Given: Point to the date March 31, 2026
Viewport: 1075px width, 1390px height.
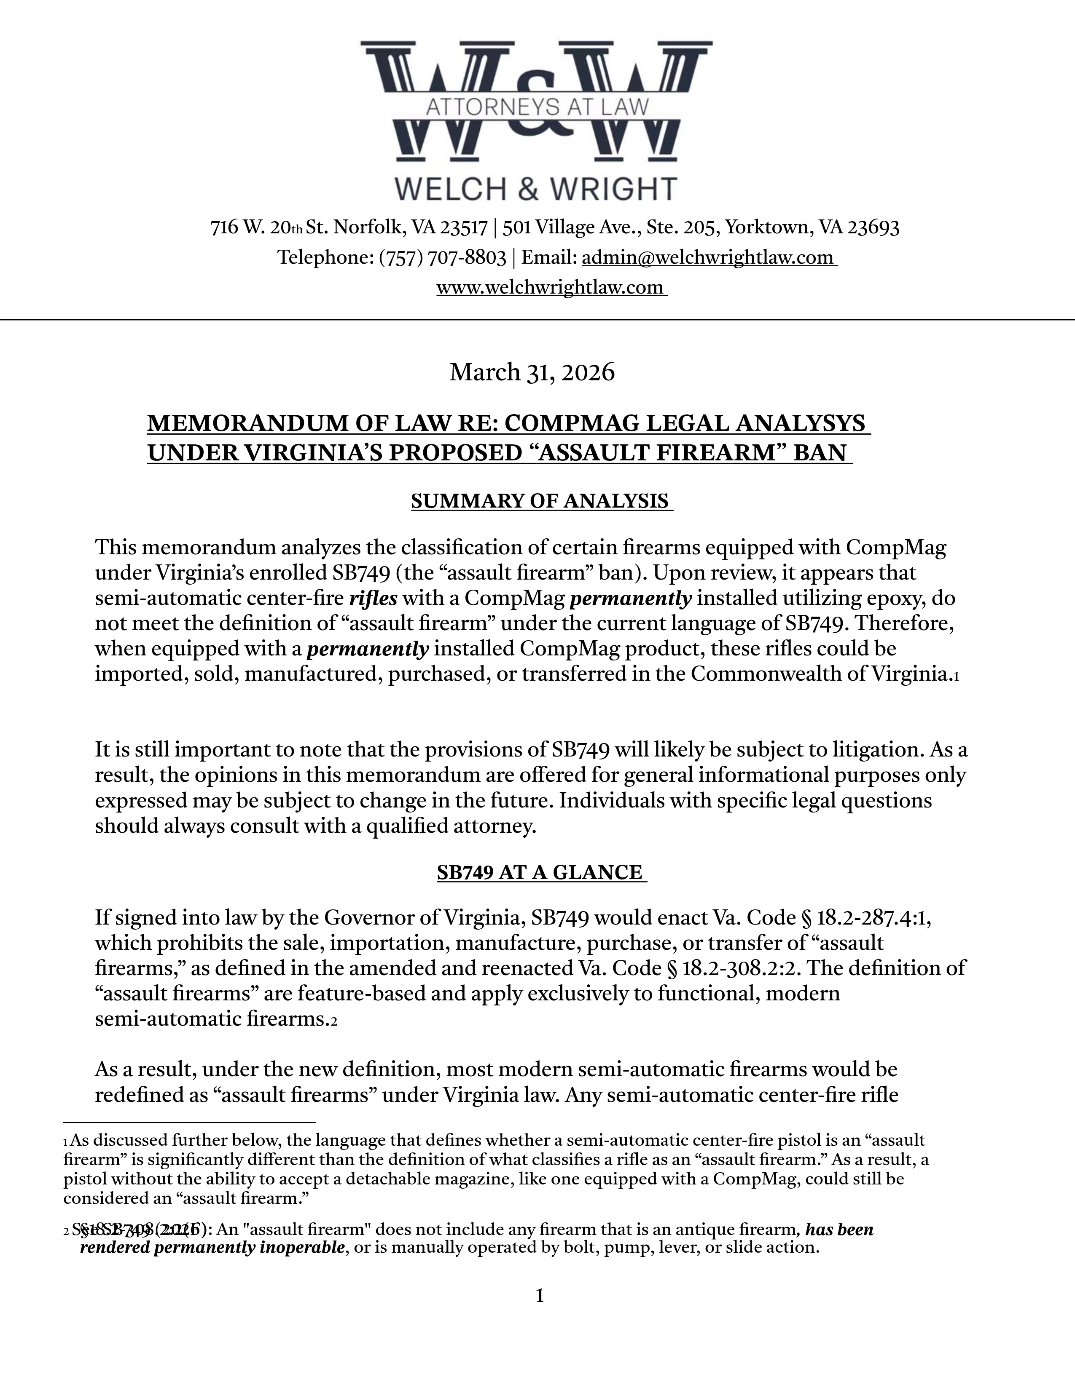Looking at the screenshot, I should [x=532, y=372].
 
